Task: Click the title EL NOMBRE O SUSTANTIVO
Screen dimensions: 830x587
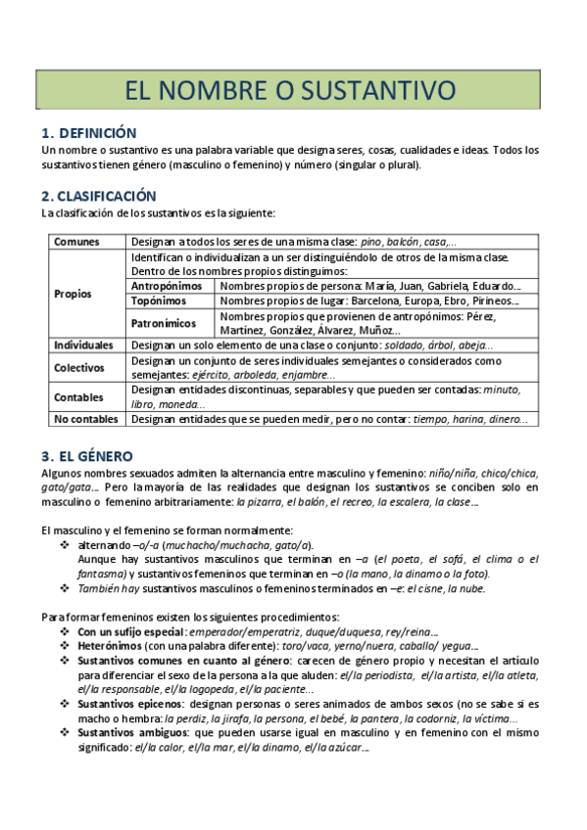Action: [x=290, y=91]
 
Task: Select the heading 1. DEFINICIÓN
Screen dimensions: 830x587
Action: [x=89, y=133]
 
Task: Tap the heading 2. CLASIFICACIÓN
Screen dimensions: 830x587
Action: [x=99, y=195]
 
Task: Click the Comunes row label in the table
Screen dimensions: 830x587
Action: [x=75, y=242]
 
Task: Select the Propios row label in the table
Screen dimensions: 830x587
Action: [x=73, y=293]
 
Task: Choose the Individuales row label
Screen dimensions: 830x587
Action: [x=84, y=346]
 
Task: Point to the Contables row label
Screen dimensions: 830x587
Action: [x=78, y=396]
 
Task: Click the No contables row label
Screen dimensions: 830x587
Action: [x=87, y=419]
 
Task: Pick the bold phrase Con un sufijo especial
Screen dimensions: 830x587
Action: [x=130, y=631]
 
